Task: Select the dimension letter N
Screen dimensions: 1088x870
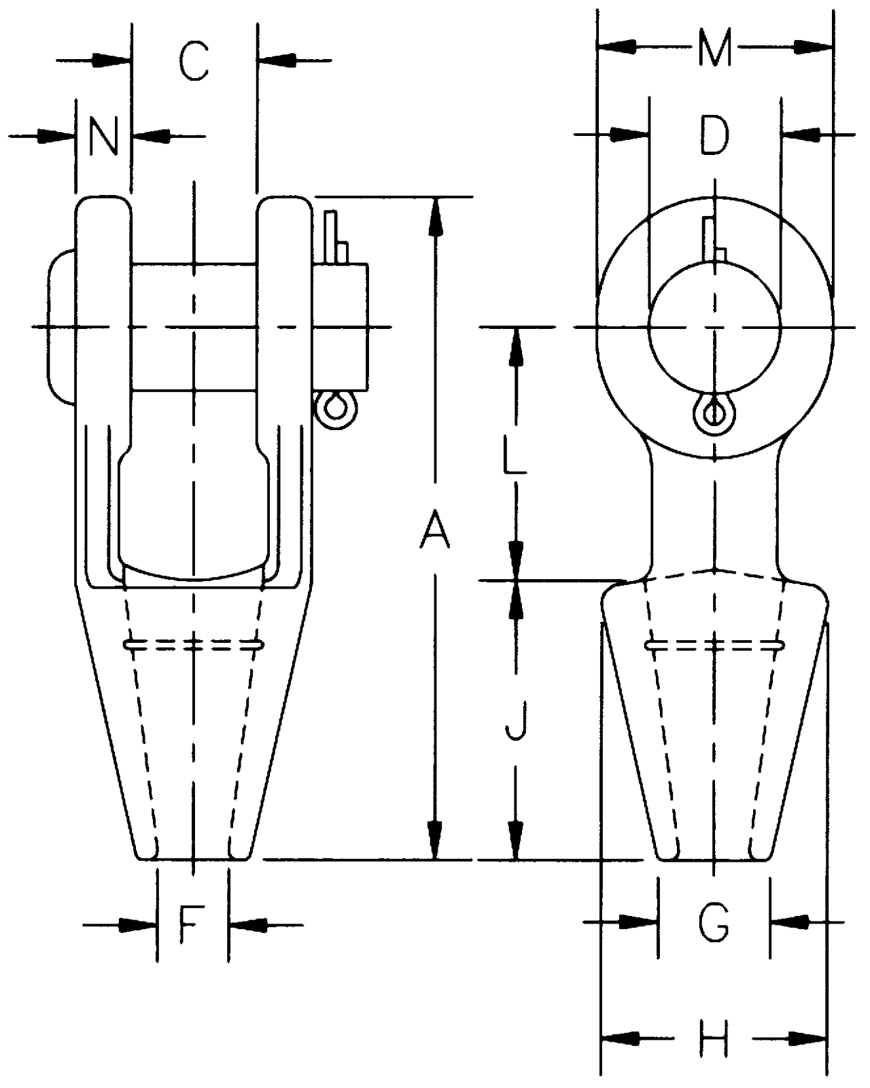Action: point(103,136)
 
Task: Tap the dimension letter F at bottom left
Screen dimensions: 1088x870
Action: point(192,924)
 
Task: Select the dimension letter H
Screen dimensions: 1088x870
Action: point(714,1038)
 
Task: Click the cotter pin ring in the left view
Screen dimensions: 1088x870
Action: point(334,410)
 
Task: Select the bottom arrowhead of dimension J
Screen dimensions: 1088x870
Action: point(517,843)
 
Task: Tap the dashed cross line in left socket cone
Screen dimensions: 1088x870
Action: point(194,644)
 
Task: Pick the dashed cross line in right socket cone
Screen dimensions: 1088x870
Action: point(714,644)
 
